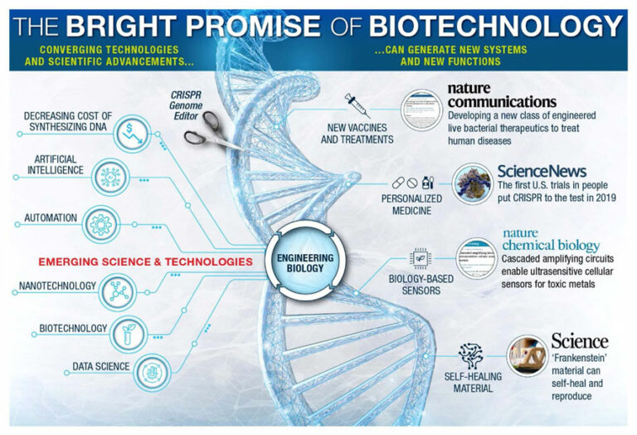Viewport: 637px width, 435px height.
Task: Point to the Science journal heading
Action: pos(579,341)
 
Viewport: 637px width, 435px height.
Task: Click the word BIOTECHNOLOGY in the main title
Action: pos(495,26)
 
